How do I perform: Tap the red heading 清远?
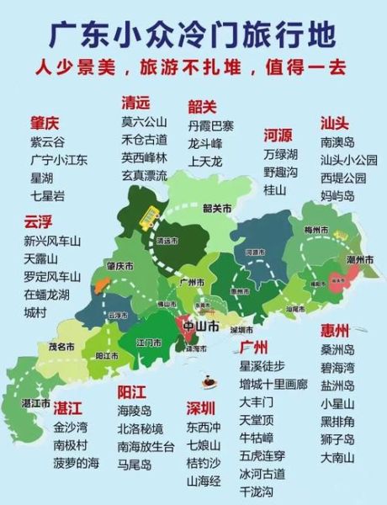click(x=135, y=103)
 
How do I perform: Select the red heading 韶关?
click(x=202, y=106)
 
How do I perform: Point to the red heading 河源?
click(x=278, y=135)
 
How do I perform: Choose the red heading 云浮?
click(x=39, y=221)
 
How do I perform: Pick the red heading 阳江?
click(x=132, y=391)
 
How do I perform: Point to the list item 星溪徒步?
click(x=262, y=365)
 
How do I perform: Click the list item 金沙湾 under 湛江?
click(x=71, y=428)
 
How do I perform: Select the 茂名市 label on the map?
click(x=61, y=345)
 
